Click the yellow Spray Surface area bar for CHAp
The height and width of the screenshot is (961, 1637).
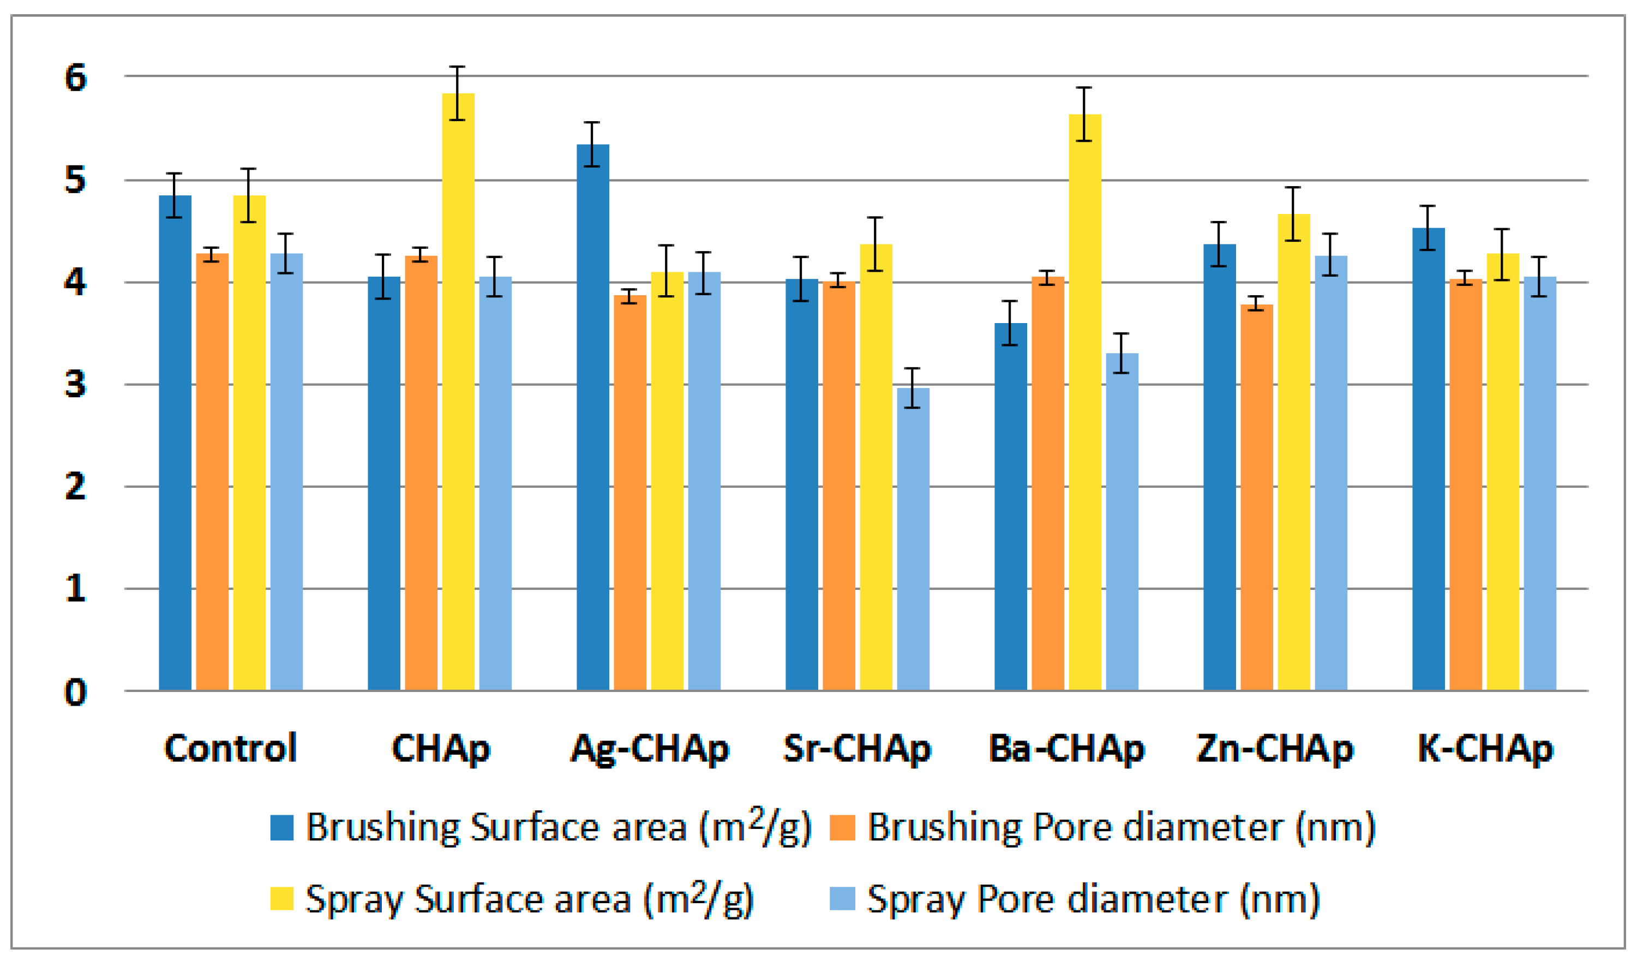[x=458, y=390]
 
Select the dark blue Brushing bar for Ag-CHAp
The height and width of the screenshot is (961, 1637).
[x=592, y=416]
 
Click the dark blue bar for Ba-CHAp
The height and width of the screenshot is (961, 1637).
[x=1010, y=506]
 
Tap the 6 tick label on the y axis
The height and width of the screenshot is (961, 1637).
[x=75, y=78]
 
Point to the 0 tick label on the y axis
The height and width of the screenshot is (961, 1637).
[x=75, y=693]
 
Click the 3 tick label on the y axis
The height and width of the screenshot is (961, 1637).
[x=75, y=385]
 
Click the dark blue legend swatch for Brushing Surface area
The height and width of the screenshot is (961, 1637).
[x=281, y=828]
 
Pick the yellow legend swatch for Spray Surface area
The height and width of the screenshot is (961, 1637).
[x=281, y=899]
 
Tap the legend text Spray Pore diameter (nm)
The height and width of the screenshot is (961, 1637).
[x=1093, y=900]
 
